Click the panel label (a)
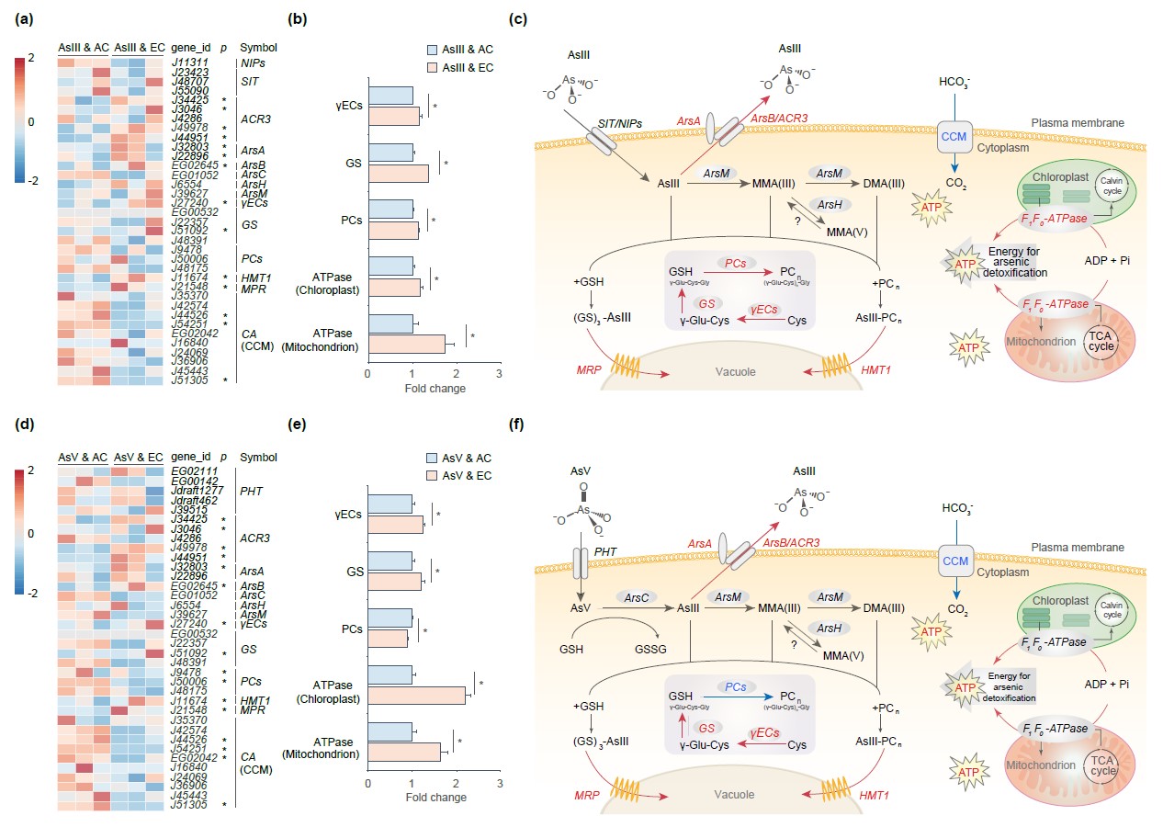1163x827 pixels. pos(23,18)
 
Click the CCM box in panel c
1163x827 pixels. pos(953,141)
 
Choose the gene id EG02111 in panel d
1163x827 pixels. pos(191,471)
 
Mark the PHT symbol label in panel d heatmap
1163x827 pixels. pos(252,491)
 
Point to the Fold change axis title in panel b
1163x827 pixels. pos(435,389)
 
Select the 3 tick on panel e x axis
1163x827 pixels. pos(499,783)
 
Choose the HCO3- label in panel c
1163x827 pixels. pos(953,80)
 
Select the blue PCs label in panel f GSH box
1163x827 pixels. pos(734,685)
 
